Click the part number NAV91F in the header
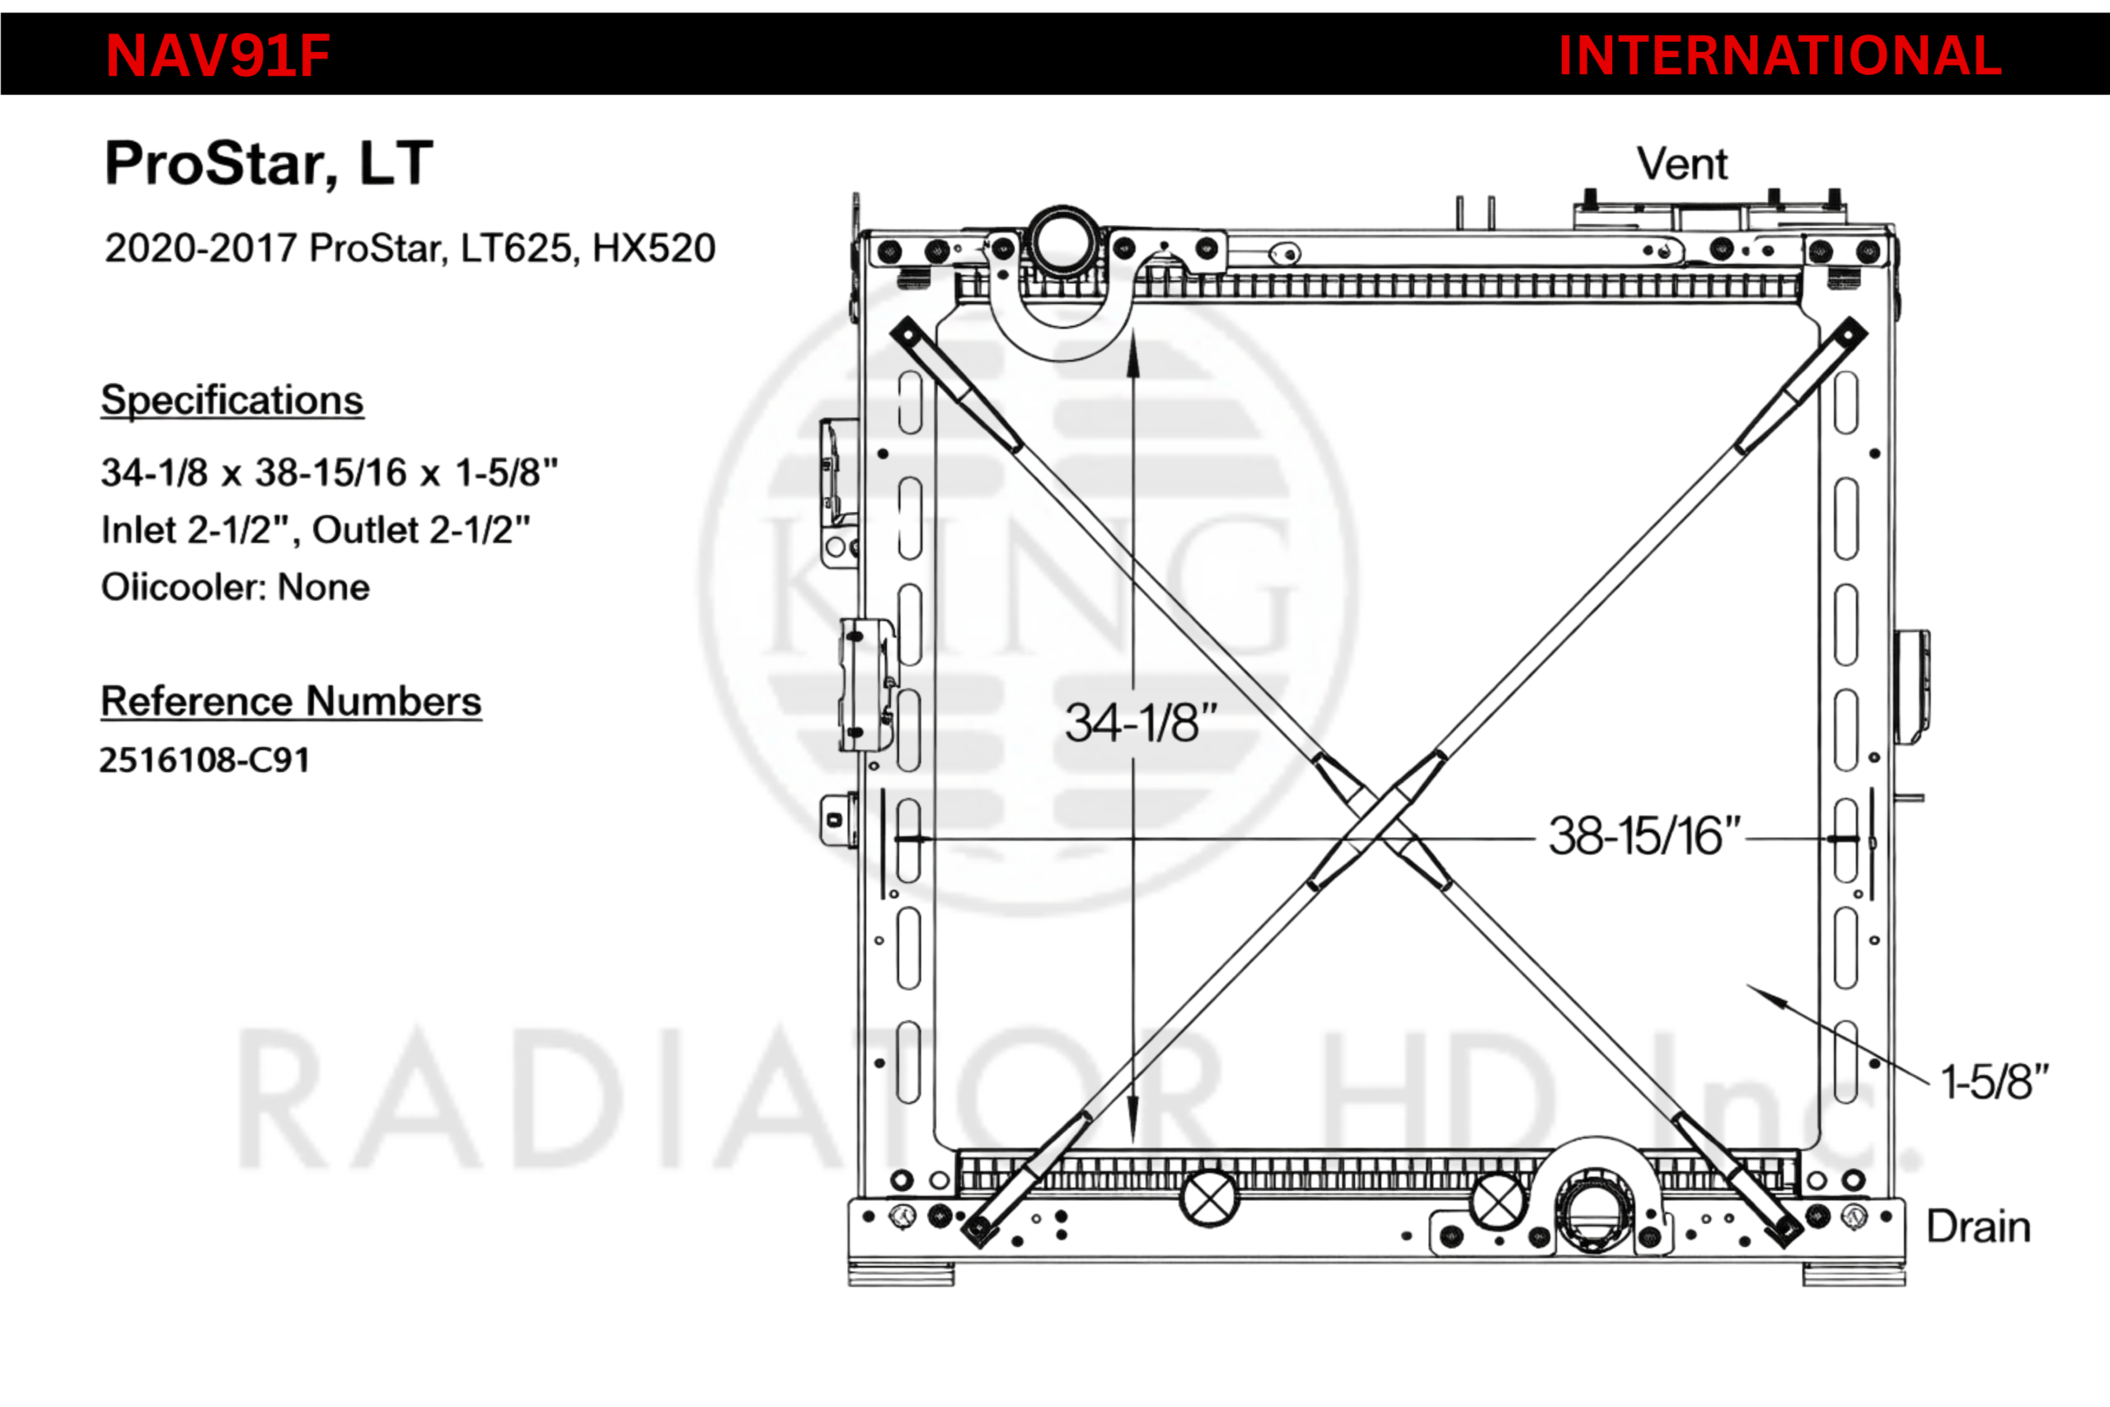[x=218, y=55]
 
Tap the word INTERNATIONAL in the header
[x=1779, y=55]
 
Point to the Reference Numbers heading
[x=292, y=701]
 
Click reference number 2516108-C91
[x=204, y=760]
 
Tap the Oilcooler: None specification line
[x=235, y=587]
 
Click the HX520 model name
[x=654, y=247]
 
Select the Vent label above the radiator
[x=1682, y=163]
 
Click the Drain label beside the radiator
[x=1979, y=1226]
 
